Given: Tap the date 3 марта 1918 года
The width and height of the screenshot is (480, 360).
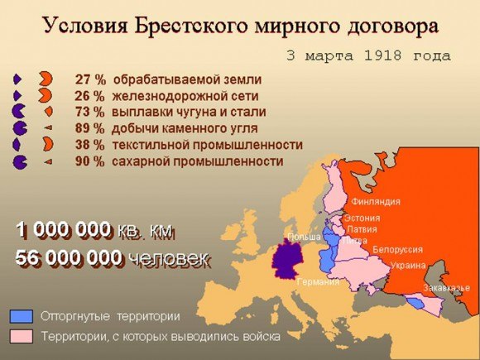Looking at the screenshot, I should [x=367, y=56].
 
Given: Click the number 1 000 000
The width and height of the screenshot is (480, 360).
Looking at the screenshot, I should [x=63, y=230].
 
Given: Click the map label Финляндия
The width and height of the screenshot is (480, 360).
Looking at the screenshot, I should [x=376, y=201].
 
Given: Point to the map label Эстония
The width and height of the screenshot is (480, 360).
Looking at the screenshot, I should [x=362, y=218].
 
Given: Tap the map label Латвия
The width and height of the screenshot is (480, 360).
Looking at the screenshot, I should [x=362, y=228].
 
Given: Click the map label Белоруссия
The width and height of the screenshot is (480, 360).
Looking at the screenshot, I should [x=398, y=249].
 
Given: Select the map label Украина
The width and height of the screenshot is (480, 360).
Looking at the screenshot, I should [x=407, y=266].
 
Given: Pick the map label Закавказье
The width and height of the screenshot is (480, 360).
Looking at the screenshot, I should [x=446, y=287].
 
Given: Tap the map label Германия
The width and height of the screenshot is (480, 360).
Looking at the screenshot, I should [x=318, y=281].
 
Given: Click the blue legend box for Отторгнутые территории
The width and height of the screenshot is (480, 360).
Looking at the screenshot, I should [x=22, y=316].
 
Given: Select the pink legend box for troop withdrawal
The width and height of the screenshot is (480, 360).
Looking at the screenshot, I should [x=22, y=336].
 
